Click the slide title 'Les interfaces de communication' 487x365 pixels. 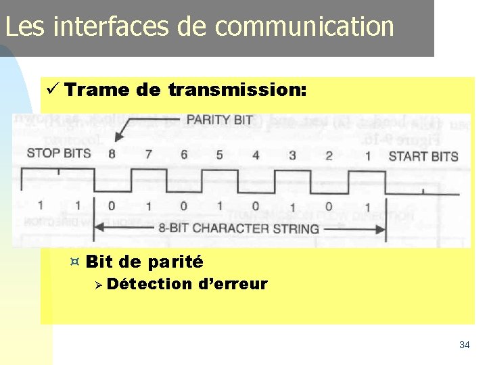pos(200,26)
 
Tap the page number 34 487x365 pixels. pos(464,345)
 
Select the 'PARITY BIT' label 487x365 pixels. pos(219,120)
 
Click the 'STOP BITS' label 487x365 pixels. pos(58,153)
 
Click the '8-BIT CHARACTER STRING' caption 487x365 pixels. pos(239,228)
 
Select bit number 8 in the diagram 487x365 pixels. pos(112,154)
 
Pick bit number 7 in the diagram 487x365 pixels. pos(148,155)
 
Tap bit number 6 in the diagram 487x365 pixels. pos(184,155)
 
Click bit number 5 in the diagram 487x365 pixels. pos(219,155)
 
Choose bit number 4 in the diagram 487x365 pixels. pos(256,155)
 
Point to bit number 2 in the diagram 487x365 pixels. pos(329,156)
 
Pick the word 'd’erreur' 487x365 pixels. pos(233,284)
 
